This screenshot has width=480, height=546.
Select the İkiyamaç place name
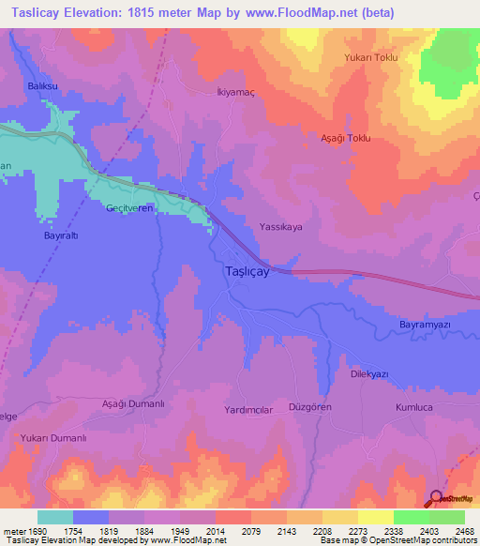click(x=224, y=94)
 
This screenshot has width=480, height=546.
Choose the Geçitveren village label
click(x=129, y=208)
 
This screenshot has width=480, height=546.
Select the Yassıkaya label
click(x=281, y=227)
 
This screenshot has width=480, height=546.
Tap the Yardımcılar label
click(x=247, y=410)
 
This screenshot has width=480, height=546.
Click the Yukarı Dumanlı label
click(x=59, y=436)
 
